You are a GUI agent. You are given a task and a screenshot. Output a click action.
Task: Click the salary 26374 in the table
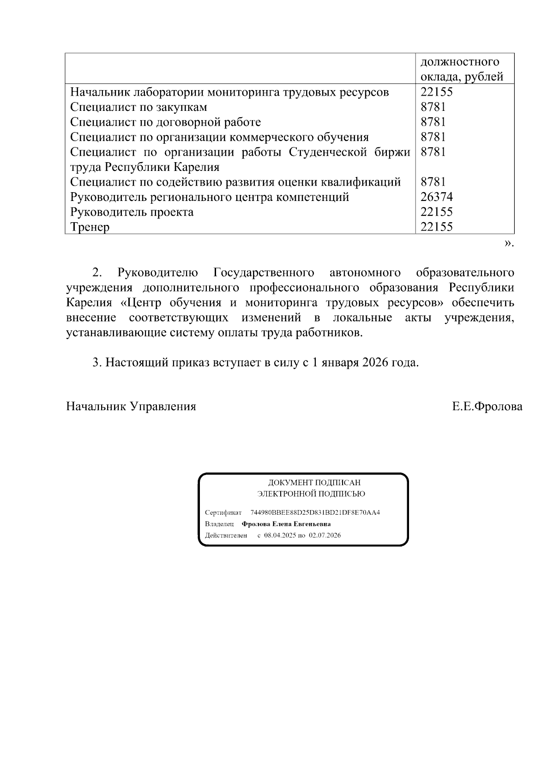click(436, 197)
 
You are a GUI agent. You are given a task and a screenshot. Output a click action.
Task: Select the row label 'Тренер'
click(90, 227)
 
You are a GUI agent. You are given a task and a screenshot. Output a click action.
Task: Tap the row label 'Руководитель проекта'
click(132, 213)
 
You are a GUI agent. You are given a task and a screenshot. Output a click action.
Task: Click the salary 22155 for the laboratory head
click(436, 92)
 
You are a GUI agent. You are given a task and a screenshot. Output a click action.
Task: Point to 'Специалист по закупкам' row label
click(138, 107)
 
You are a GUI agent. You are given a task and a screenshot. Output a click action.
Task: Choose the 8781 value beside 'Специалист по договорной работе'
click(433, 122)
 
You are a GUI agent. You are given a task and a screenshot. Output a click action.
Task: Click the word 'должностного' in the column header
click(460, 62)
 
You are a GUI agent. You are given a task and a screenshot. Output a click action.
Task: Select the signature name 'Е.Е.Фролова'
click(487, 407)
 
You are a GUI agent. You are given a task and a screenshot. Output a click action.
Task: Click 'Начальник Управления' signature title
click(131, 407)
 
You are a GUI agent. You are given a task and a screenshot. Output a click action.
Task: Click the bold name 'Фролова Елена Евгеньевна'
click(286, 524)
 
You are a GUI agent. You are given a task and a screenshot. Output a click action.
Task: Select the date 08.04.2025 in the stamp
click(279, 535)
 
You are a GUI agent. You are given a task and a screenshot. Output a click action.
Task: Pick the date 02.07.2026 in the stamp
click(325, 535)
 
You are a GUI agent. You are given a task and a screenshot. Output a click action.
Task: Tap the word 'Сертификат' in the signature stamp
click(223, 513)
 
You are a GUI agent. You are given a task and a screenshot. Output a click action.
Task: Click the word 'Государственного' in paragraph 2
click(264, 273)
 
